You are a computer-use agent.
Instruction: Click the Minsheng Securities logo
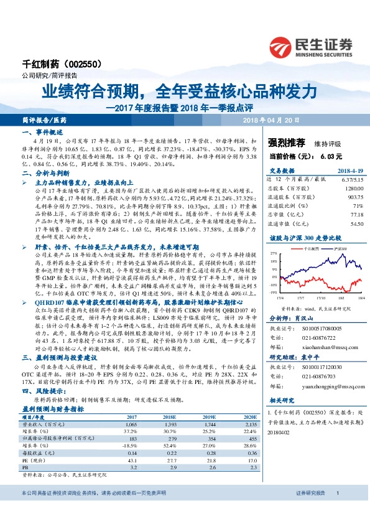click(x=311, y=45)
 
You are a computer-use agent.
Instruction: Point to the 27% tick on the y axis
click(x=273, y=254)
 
